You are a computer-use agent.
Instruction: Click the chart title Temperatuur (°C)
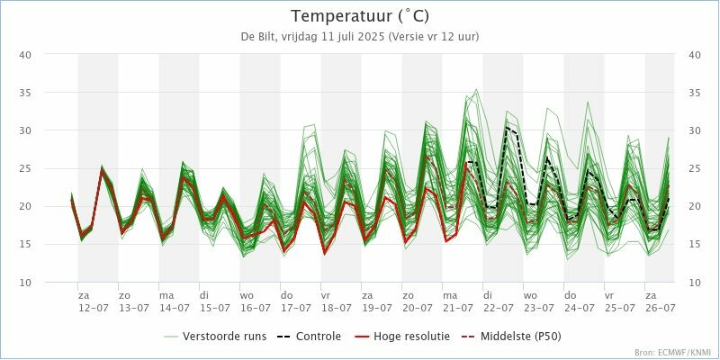point(359,16)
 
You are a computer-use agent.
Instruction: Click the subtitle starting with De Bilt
point(359,37)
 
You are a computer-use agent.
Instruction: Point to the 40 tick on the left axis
point(26,55)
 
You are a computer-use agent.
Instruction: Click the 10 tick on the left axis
point(26,283)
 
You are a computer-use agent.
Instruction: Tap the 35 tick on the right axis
point(694,93)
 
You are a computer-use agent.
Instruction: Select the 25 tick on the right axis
point(694,168)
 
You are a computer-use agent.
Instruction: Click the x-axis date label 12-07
point(94,308)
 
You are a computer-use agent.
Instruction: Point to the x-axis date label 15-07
point(214,308)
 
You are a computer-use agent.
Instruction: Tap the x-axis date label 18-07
point(336,308)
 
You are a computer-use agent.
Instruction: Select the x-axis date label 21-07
point(457,308)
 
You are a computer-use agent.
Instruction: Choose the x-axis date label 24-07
point(579,308)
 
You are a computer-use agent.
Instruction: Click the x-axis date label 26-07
point(660,308)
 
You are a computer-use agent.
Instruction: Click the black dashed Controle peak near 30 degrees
point(508,129)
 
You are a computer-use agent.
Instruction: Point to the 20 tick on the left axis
point(26,206)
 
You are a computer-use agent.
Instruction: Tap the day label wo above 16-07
point(247,295)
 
